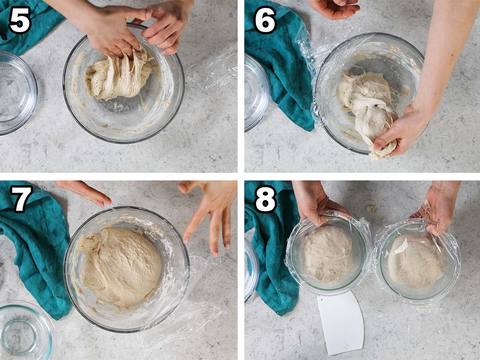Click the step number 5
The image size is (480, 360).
point(20,20)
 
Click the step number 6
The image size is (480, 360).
point(265,20)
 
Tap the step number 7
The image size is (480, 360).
point(21,199)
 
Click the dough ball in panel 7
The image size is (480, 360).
point(120,266)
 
